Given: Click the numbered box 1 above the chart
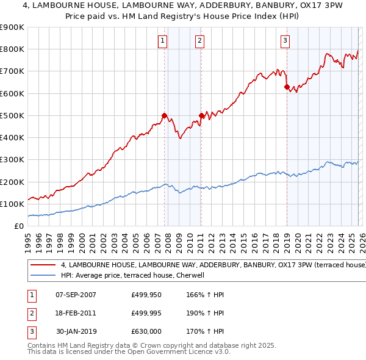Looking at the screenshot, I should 163,41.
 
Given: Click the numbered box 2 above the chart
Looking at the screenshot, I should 199,41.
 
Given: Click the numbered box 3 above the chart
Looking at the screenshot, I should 285,41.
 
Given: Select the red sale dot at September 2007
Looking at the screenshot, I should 164,115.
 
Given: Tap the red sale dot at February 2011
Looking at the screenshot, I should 201,115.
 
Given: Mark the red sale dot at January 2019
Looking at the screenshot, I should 287,87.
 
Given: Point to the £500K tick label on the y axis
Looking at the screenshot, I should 12,115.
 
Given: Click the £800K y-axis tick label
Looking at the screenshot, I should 12,49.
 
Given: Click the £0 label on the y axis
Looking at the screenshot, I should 18,226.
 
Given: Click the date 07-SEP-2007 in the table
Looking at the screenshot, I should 76,294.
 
